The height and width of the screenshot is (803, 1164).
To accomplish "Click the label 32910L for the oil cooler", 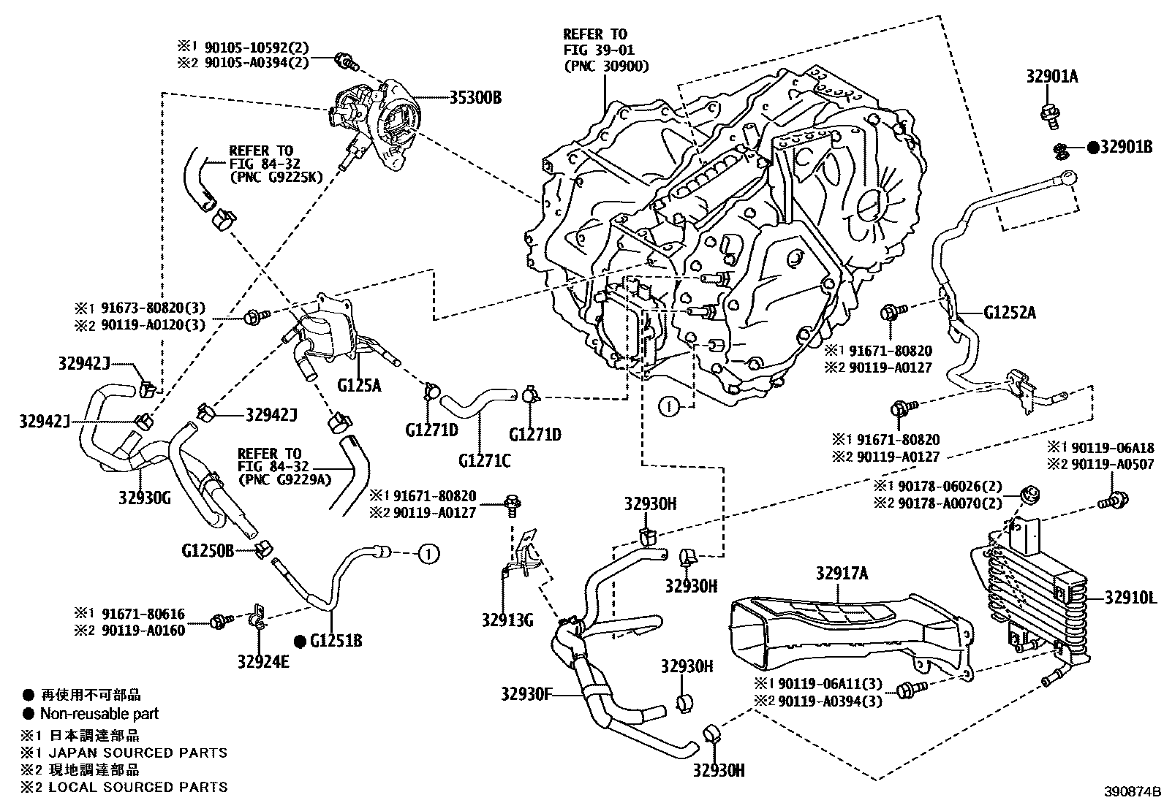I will click(1130, 598).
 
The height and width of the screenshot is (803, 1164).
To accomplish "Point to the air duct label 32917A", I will click(842, 574).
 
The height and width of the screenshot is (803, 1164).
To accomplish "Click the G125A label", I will click(359, 385).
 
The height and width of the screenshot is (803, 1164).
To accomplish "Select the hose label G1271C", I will click(485, 460).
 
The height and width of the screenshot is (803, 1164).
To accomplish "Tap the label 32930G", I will click(144, 498).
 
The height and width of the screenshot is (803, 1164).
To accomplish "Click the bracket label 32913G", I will click(507, 621).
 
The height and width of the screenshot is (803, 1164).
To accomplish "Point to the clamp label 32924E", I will click(262, 661).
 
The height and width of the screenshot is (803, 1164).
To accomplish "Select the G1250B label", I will click(208, 549).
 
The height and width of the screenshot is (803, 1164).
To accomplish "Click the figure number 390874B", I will click(1133, 791).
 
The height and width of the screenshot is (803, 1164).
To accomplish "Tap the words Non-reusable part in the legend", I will click(99, 713).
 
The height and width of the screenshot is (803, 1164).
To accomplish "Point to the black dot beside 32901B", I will click(1092, 148).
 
